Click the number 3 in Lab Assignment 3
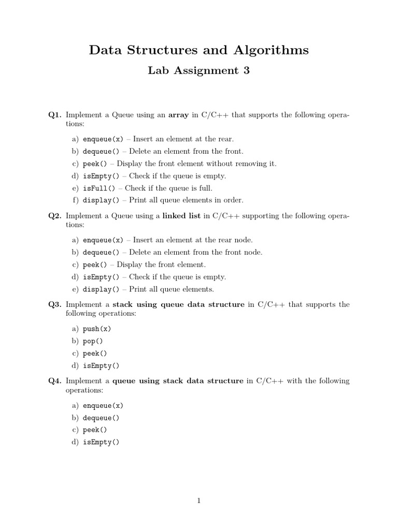click(x=246, y=71)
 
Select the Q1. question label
click(x=55, y=115)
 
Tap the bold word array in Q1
click(x=179, y=115)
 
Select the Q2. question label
click(x=55, y=216)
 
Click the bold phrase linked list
click(x=181, y=216)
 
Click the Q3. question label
click(x=55, y=305)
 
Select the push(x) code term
click(x=97, y=329)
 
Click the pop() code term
click(x=93, y=342)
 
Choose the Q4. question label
click(x=55, y=381)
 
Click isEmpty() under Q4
click(x=101, y=443)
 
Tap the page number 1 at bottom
click(x=199, y=500)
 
